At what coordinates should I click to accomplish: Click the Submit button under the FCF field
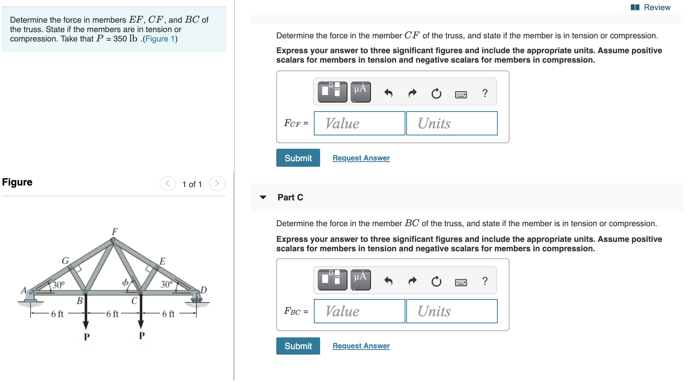[x=298, y=158]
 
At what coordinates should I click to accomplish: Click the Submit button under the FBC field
[x=298, y=346]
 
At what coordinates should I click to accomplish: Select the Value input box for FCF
[x=359, y=123]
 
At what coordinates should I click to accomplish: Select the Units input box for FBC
[x=452, y=311]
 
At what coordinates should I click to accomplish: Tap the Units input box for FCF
[x=452, y=123]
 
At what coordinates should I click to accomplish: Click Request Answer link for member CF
[x=361, y=158]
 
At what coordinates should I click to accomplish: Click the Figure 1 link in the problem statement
[x=160, y=39]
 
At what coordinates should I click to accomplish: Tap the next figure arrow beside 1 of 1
[x=217, y=184]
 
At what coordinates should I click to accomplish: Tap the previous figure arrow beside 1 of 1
[x=168, y=184]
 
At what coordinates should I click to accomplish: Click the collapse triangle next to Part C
[x=263, y=197]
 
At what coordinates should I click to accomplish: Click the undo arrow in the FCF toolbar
[x=388, y=93]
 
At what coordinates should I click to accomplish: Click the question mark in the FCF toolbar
[x=485, y=93]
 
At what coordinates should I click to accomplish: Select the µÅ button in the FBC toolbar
[x=360, y=279]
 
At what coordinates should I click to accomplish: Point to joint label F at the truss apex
[x=115, y=232]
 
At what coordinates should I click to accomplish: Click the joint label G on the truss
[x=65, y=261]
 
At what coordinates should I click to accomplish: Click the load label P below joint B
[x=86, y=337]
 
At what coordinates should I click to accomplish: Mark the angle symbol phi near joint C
[x=125, y=283]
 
